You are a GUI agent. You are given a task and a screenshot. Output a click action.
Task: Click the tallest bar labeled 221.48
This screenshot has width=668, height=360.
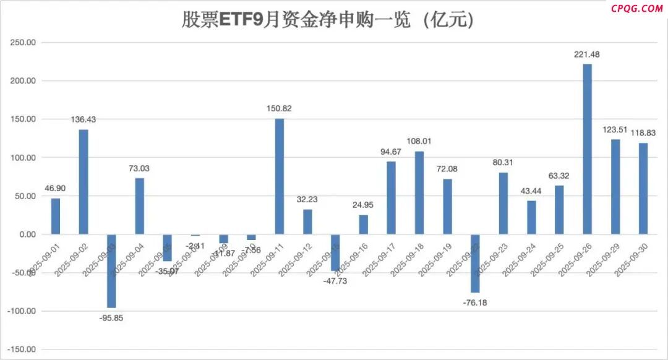(x=588, y=148)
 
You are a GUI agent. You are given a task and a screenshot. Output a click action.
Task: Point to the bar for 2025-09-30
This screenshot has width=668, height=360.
(x=644, y=189)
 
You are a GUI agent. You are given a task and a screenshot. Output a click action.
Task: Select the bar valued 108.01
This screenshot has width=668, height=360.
(x=419, y=192)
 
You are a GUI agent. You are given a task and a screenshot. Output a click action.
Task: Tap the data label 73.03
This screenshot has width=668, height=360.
(x=139, y=168)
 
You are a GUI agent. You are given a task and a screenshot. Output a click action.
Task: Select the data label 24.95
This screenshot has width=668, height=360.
(x=364, y=205)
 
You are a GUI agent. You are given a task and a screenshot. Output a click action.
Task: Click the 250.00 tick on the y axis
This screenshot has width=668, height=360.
(x=22, y=43)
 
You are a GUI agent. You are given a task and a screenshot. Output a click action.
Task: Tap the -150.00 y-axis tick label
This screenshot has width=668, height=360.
(x=20, y=349)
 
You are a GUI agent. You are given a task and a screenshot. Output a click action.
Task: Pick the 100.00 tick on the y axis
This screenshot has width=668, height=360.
(x=22, y=158)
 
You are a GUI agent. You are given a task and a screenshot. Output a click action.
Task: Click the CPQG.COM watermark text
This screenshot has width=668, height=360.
(x=636, y=9)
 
